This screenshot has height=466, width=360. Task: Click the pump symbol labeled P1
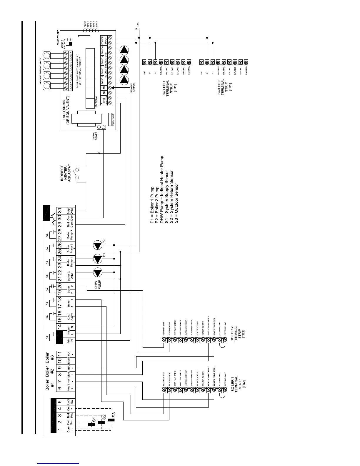tap(97, 259)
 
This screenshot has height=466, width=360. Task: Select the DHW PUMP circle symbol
tap(97, 273)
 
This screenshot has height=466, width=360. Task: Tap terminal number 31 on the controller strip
tap(59, 211)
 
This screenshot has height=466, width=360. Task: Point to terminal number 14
tap(59, 326)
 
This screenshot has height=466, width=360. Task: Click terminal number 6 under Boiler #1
tap(59, 388)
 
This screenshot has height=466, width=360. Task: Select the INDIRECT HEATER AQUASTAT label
tap(66, 173)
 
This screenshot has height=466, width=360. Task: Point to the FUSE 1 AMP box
tap(112, 119)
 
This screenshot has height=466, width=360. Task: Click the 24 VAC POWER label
tap(95, 136)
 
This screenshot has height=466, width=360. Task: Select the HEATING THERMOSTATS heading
tap(41, 71)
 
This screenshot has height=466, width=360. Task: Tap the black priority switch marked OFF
tap(70, 44)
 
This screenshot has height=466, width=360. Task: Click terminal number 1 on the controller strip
tap(59, 429)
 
